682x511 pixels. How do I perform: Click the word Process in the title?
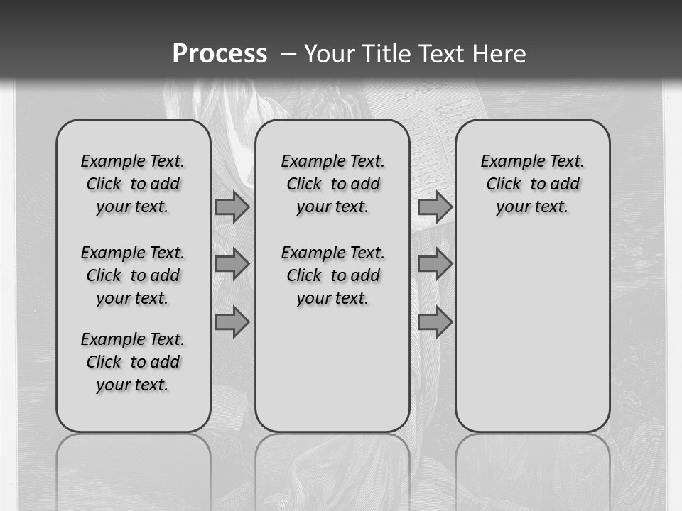[220, 54]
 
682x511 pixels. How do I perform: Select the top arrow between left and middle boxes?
[232, 207]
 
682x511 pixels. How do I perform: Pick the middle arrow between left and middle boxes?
[232, 264]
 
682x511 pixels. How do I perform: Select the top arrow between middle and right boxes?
[435, 207]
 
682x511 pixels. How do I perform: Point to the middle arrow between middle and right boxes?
[435, 264]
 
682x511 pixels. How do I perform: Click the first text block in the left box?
[133, 184]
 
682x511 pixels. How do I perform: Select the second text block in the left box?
[133, 275]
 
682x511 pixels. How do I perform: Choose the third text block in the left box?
[133, 362]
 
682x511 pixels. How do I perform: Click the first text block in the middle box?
[332, 184]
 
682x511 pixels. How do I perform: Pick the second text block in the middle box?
[332, 275]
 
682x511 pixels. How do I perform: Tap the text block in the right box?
[532, 184]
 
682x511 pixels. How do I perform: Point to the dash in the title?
[288, 54]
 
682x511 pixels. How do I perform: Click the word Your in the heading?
[330, 54]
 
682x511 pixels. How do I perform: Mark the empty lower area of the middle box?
[332, 369]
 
